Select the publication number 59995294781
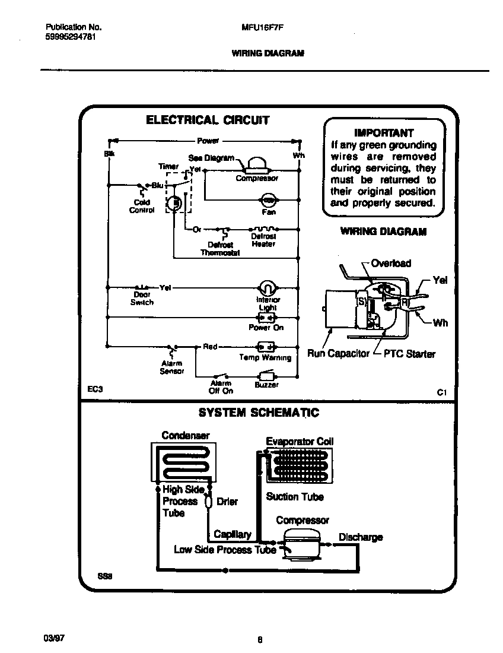71,36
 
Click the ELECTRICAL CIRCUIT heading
208,121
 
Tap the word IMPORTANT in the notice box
383,133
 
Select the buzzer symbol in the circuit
265,376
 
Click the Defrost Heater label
263,240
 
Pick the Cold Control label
142,206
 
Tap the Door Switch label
142,298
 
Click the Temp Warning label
265,357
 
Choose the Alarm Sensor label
171,367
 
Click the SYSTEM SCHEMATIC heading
258,413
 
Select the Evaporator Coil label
300,441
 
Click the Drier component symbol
208,502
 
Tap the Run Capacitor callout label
338,354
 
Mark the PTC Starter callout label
409,354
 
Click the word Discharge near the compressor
360,537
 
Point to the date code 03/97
53,638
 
